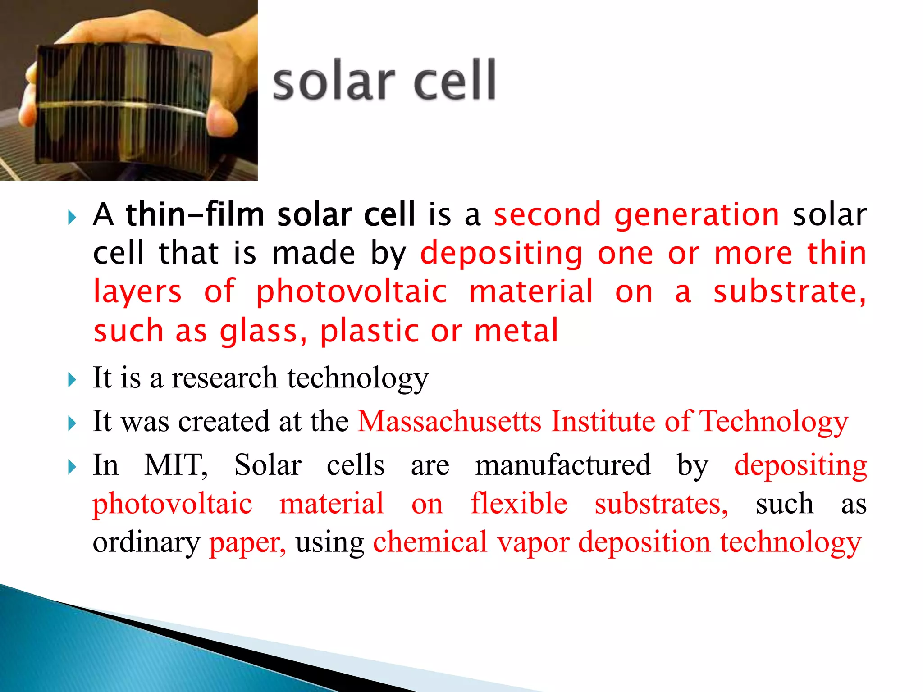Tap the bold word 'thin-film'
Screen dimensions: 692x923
pyautogui.click(x=195, y=214)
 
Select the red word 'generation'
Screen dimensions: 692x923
pyautogui.click(x=696, y=215)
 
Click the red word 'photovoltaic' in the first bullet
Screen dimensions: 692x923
pyautogui.click(x=352, y=292)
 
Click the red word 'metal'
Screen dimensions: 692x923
pyautogui.click(x=516, y=331)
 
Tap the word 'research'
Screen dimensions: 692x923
pyautogui.click(x=224, y=378)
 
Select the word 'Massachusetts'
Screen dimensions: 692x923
pyautogui.click(x=449, y=422)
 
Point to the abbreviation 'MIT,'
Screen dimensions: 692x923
pyautogui.click(x=176, y=465)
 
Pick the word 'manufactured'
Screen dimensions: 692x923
pyautogui.click(x=563, y=465)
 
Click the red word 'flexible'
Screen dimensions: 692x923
pyautogui.click(x=519, y=503)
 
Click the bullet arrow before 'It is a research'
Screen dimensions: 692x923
pyautogui.click(x=72, y=380)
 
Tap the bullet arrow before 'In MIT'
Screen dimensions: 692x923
pyautogui.click(x=72, y=467)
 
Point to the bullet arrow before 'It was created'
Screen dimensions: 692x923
pyautogui.click(x=72, y=423)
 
